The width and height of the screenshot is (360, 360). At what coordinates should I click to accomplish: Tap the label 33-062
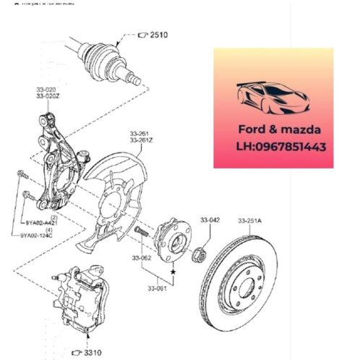point(141,258)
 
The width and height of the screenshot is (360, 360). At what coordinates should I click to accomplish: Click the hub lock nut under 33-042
point(202,254)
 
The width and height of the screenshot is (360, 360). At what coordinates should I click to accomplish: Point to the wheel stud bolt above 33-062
point(140,233)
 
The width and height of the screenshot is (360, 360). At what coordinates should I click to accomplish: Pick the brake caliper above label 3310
point(83,300)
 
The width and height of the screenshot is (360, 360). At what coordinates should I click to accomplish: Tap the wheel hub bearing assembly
point(168,241)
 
